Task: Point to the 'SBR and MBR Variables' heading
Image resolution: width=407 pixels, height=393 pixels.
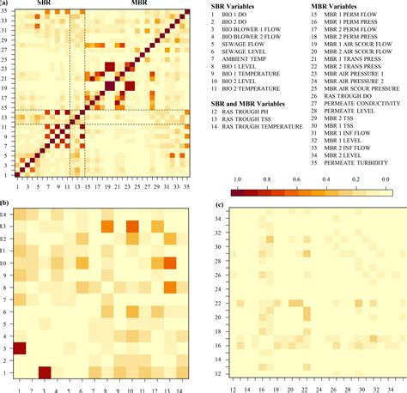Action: tap(248, 103)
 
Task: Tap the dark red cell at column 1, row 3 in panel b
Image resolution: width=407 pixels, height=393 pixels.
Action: tap(19, 348)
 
